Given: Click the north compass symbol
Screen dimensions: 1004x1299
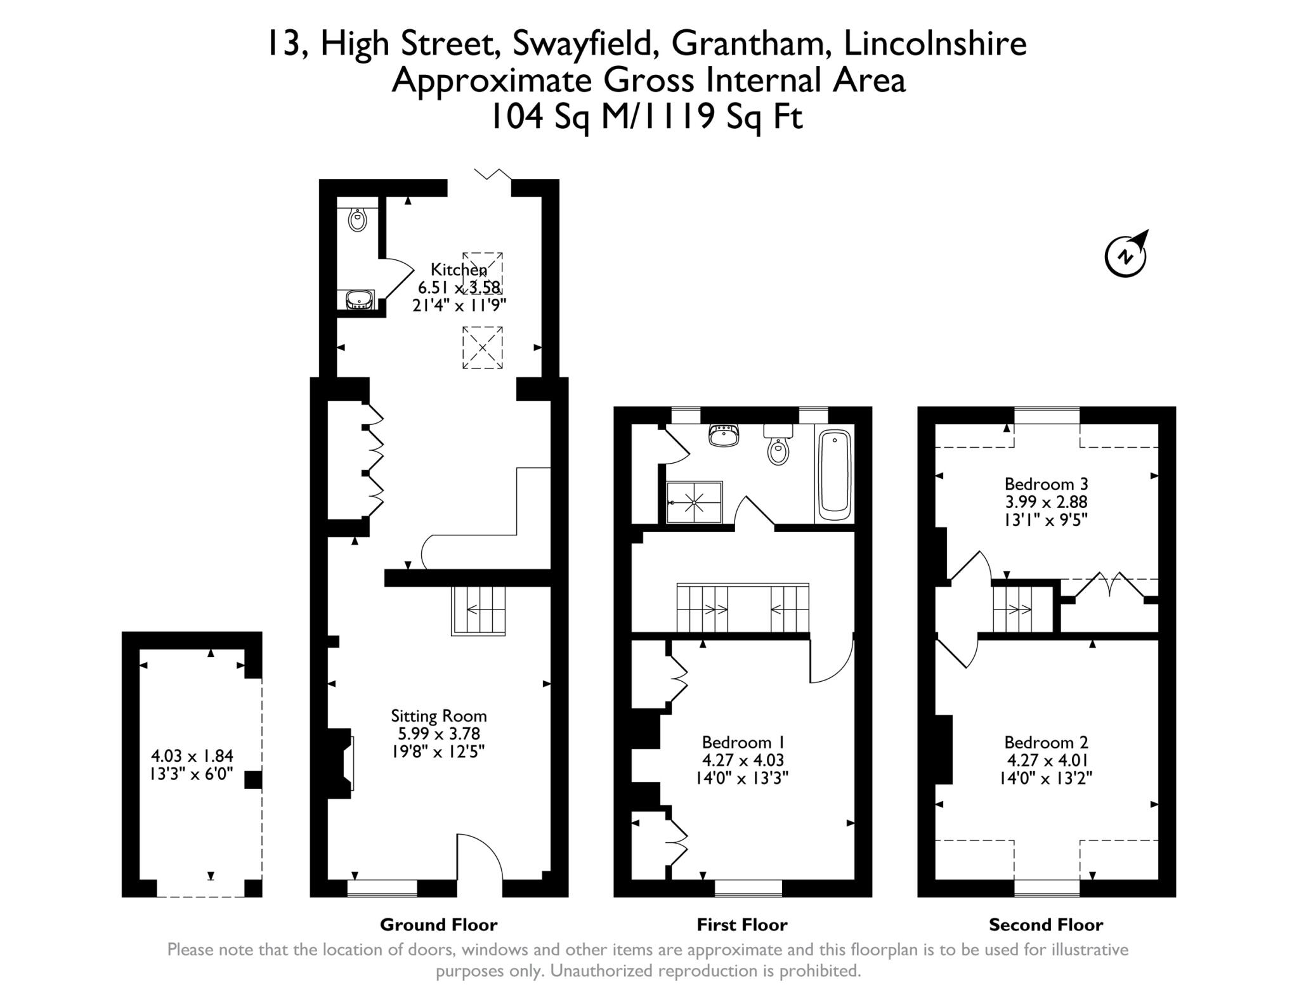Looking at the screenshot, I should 1126,255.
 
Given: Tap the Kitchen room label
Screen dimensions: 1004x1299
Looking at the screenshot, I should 459,270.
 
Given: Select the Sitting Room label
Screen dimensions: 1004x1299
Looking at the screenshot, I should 438,716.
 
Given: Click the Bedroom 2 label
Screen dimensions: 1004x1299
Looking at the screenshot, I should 1046,742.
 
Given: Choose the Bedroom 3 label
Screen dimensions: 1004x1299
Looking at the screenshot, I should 1046,484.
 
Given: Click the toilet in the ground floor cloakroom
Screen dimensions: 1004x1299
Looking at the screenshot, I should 358,219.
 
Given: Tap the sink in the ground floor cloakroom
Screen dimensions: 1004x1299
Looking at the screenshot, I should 360,299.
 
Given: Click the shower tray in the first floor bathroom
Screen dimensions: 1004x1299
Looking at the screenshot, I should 695,502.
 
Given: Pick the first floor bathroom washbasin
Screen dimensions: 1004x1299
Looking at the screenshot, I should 724,436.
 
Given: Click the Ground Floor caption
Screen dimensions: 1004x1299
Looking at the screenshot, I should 438,925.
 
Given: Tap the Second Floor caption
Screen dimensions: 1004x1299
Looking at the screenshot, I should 1046,925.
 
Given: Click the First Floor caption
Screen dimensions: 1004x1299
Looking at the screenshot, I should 742,925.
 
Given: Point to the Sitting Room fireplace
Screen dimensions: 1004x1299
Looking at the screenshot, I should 341,764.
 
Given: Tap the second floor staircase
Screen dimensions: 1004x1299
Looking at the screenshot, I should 1013,610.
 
